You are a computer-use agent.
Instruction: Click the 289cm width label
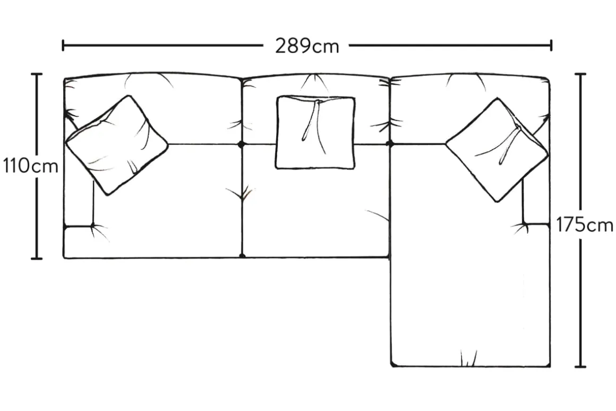[307, 46]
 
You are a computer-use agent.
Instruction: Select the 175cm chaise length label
[585, 226]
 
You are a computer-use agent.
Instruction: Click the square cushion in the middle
[315, 132]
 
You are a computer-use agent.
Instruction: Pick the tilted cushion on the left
[117, 145]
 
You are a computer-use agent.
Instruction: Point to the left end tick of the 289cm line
[63, 45]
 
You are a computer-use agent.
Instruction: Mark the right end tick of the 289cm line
[551, 45]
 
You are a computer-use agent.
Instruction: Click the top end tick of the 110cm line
[37, 74]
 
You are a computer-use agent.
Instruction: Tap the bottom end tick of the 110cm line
[37, 259]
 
